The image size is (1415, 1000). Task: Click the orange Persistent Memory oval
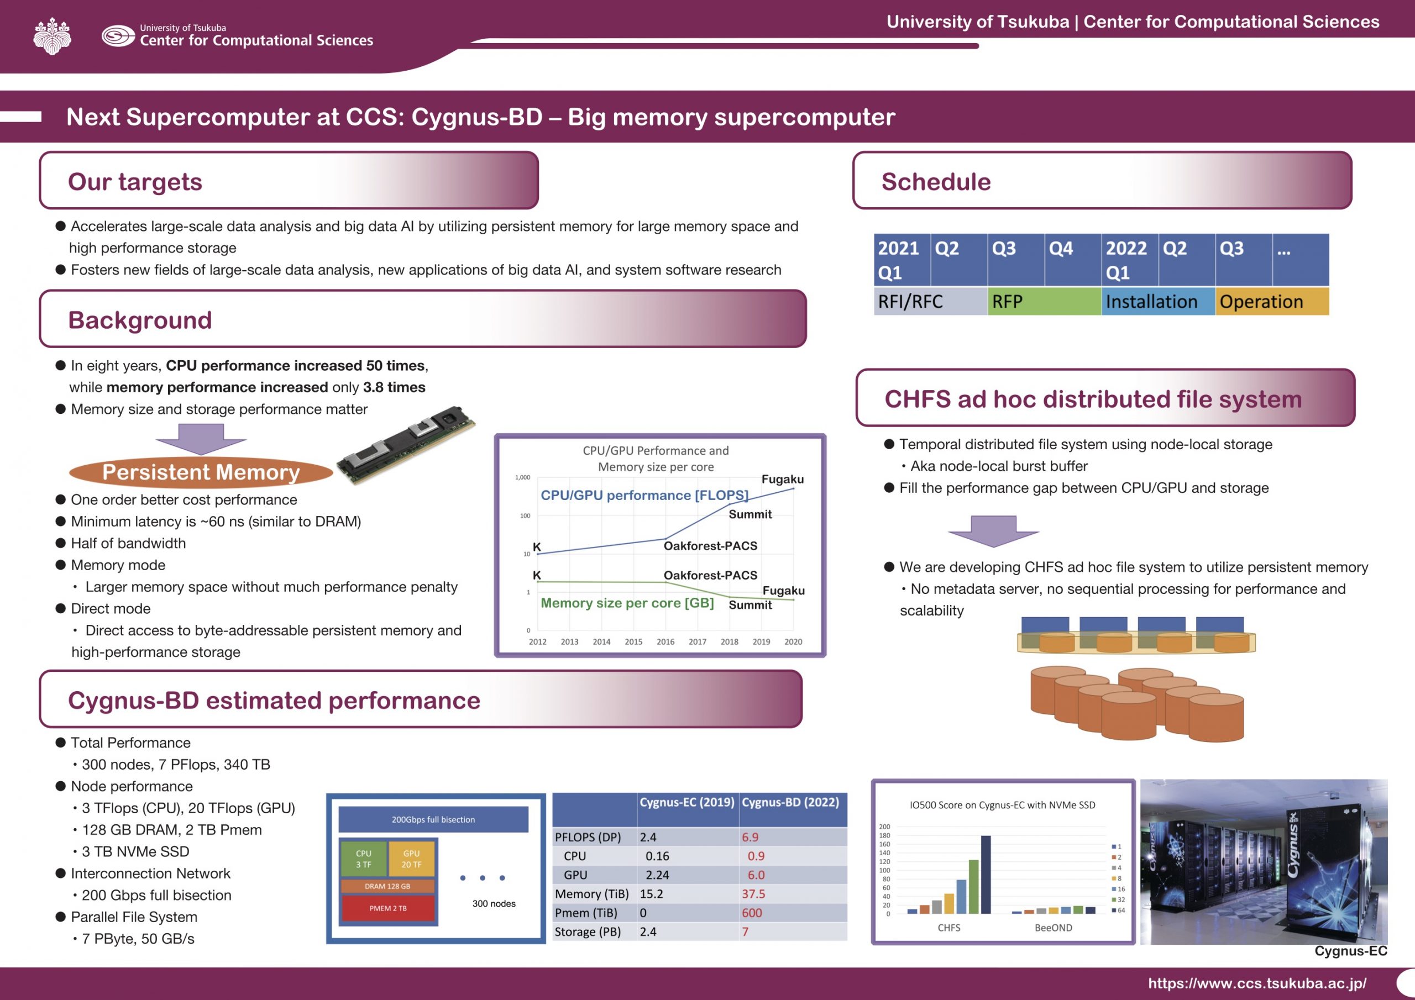tap(201, 472)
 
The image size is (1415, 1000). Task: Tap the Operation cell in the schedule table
tap(1271, 301)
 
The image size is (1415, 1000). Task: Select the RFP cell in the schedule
tap(1044, 301)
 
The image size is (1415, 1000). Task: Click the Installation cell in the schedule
tap(1158, 301)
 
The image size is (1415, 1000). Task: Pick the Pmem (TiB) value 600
tap(752, 913)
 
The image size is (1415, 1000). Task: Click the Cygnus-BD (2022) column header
tap(791, 802)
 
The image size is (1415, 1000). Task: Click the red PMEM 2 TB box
tap(387, 908)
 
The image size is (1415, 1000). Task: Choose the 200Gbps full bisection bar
tap(433, 819)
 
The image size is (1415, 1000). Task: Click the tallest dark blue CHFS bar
tap(986, 874)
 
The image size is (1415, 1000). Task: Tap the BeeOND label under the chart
tap(1054, 927)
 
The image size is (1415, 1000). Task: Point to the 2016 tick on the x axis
tap(665, 641)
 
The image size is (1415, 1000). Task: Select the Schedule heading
tap(936, 182)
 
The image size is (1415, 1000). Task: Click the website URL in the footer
tap(1257, 983)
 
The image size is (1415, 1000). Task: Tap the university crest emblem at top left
tap(53, 36)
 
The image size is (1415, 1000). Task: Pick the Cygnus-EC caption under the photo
tap(1351, 951)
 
